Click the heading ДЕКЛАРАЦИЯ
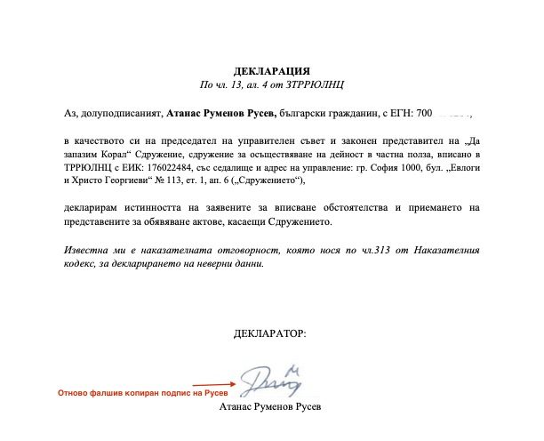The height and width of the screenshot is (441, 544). point(272,69)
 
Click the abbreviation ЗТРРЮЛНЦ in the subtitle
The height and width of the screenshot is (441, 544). point(315,84)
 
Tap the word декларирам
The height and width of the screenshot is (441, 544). point(92,207)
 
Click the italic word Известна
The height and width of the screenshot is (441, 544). point(89,249)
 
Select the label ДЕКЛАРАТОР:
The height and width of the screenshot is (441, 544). point(271,333)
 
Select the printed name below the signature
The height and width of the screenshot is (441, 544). point(271,408)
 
